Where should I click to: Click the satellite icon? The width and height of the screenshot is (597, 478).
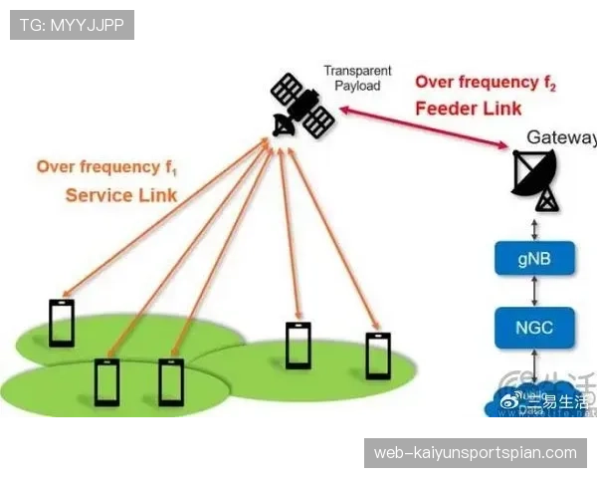tap(302, 105)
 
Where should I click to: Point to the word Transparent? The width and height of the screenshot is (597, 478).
tap(358, 72)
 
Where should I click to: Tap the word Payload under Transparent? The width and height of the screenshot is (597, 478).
tap(356, 86)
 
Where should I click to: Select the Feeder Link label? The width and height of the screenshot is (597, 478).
tap(468, 109)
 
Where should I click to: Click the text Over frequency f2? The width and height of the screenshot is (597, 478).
tap(485, 83)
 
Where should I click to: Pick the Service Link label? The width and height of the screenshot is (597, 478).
tap(120, 194)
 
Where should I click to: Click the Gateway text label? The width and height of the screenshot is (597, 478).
tap(560, 137)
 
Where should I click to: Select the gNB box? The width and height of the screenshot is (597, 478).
tap(535, 258)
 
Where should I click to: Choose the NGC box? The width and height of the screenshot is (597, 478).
tap(535, 327)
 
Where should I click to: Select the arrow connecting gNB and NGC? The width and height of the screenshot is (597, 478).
tap(535, 292)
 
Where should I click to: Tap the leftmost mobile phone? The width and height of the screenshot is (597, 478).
tap(62, 323)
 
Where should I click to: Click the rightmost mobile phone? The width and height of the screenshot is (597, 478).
tap(378, 356)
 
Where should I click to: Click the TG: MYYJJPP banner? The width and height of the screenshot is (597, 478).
tap(72, 25)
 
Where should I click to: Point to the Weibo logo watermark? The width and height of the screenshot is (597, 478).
tap(510, 401)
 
